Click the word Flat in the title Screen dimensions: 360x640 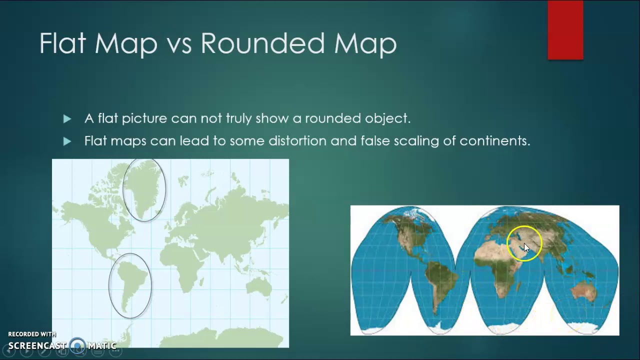[x=62, y=43]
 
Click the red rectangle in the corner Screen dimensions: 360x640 [x=565, y=30]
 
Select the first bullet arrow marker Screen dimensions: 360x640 [x=67, y=118]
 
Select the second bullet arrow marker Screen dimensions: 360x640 [x=67, y=141]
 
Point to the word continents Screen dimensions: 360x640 [x=494, y=141]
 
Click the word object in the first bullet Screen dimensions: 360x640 [x=389, y=118]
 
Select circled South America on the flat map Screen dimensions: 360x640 [x=130, y=285]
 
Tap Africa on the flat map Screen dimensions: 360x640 [x=180, y=260]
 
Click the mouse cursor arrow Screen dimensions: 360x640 [x=526, y=248]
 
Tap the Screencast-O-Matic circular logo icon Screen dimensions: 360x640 [x=77, y=345]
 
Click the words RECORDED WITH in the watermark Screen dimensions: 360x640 [x=32, y=334]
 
